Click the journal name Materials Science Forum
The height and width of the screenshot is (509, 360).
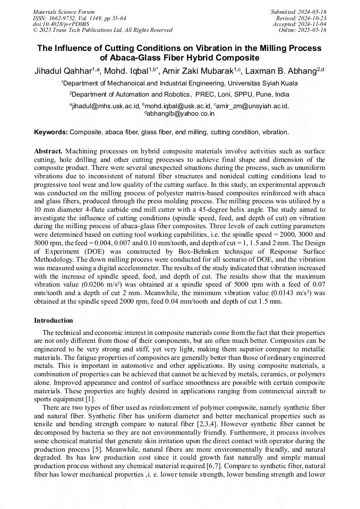64,12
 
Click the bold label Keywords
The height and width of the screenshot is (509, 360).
51,132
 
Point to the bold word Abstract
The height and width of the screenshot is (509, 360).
48,151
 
